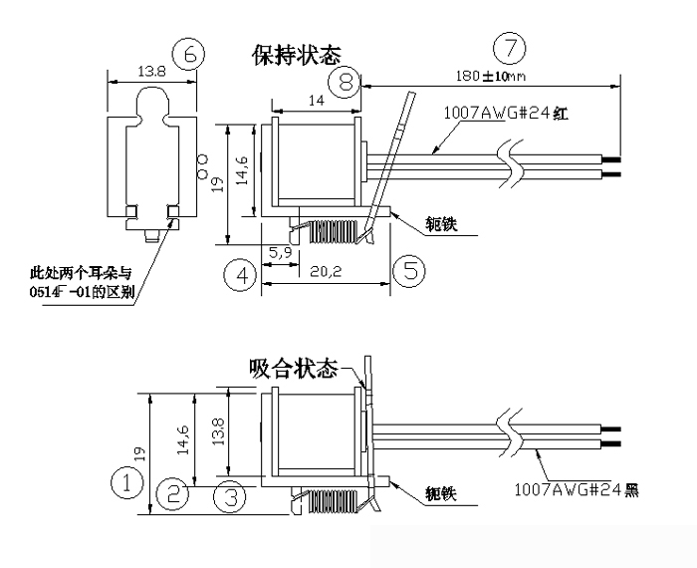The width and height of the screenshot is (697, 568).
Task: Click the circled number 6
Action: point(190,54)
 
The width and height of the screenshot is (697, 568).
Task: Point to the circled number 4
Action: point(240,274)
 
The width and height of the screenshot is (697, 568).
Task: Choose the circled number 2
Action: point(174,491)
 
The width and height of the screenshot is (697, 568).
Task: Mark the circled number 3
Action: point(230,495)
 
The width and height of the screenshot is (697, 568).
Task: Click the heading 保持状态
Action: point(297,56)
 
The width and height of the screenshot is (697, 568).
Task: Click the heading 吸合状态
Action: point(295,369)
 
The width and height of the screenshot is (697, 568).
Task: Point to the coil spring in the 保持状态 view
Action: point(331,231)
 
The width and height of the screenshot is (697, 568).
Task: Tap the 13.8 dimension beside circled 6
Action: point(151,71)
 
